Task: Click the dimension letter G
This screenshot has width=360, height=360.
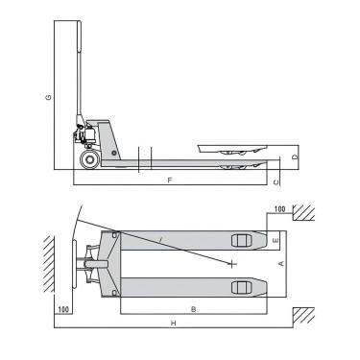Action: click(x=47, y=98)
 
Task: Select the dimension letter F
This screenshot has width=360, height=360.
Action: click(x=169, y=180)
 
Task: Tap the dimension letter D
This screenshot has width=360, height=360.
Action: click(x=295, y=156)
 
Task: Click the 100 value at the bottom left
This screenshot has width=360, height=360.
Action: click(x=63, y=309)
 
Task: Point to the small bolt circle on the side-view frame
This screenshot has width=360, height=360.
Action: click(x=114, y=153)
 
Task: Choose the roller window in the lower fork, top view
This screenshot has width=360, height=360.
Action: click(x=240, y=286)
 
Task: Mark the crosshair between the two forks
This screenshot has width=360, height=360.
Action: click(x=232, y=262)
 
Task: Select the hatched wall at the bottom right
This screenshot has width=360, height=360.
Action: click(x=305, y=314)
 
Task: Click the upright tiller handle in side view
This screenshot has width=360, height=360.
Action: click(x=79, y=67)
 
